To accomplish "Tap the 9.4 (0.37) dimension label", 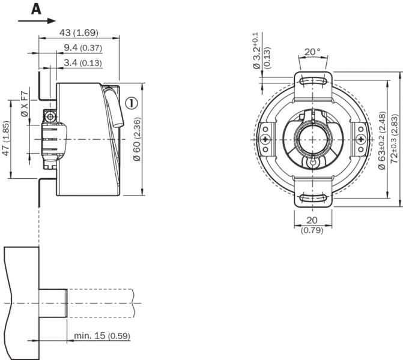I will tap(83, 47).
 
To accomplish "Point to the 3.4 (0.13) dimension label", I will tap(83, 62).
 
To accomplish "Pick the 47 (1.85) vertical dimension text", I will tap(6, 139).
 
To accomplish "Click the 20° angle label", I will tap(312, 52).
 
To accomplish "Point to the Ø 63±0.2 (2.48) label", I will tap(382, 139).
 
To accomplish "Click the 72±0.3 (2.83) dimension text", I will tap(395, 139).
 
